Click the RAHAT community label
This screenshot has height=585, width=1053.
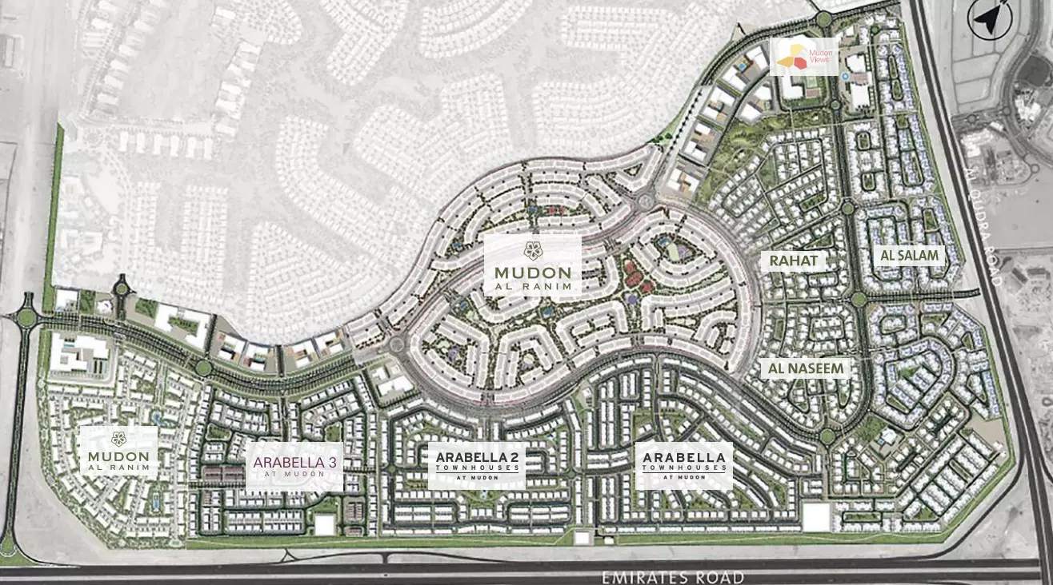[794, 261]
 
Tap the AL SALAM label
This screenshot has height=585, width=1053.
[909, 256]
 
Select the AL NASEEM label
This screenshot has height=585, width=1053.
[806, 368]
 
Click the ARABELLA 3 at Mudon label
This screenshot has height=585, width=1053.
[295, 466]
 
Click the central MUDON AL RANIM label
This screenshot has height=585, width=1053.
[533, 266]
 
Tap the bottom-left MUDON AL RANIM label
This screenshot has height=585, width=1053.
[118, 452]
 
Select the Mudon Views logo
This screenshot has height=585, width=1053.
[804, 56]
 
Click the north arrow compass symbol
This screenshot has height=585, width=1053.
[990, 18]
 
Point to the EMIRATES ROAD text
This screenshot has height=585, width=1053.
[673, 577]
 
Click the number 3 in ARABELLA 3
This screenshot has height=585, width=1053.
[331, 462]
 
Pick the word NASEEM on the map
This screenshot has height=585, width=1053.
[817, 368]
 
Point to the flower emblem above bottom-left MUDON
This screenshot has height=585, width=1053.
[118, 437]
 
